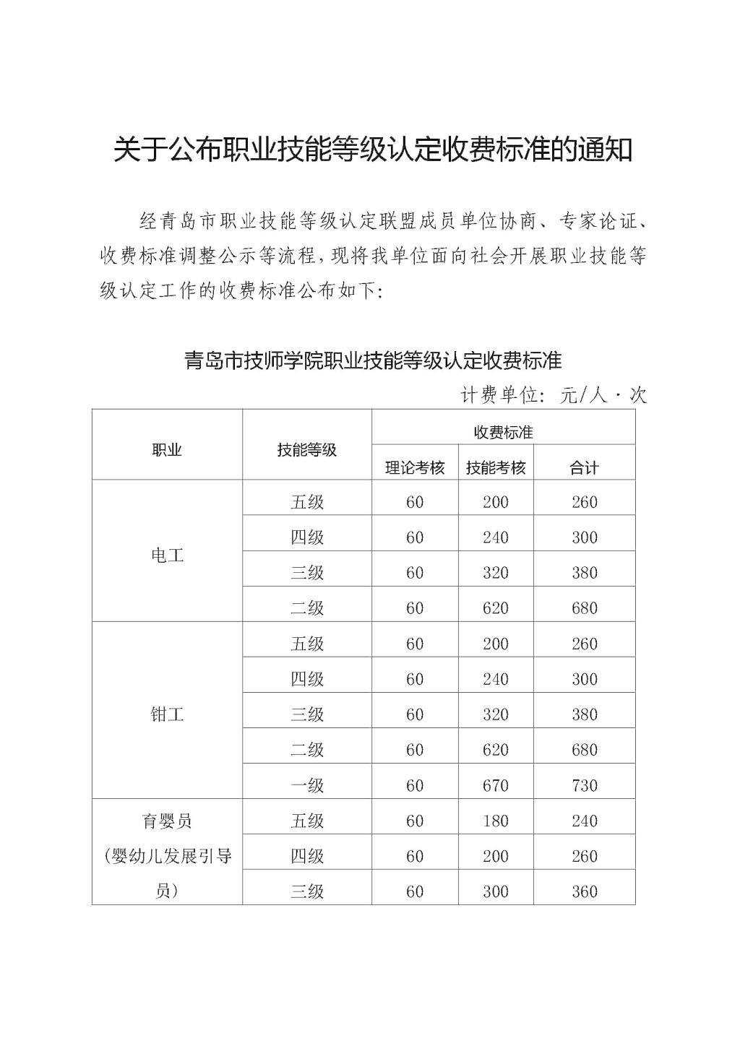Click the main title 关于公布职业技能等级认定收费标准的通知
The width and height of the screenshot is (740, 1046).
tap(373, 150)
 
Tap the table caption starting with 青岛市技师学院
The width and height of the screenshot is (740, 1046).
tap(373, 359)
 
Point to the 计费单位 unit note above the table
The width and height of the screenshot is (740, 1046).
tap(554, 394)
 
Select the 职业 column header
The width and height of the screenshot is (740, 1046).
tap(167, 449)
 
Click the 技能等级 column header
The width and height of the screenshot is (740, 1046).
tap(306, 449)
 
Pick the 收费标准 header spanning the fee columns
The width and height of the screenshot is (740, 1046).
tap(503, 432)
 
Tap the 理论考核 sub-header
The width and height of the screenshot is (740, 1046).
tap(415, 467)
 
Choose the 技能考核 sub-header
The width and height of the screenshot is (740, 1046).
tap(496, 467)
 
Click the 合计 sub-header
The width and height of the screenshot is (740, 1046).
tap(584, 467)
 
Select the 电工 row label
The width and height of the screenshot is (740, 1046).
tap(167, 555)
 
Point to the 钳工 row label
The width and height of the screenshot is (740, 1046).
tap(167, 714)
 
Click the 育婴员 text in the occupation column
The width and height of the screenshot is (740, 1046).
tap(167, 821)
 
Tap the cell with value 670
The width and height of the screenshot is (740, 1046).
tap(496, 785)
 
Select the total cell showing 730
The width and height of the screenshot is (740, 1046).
tap(584, 785)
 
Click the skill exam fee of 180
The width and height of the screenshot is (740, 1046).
tap(496, 821)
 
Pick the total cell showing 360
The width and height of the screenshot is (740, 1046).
tap(584, 891)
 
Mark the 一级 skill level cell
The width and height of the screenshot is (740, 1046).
tap(306, 785)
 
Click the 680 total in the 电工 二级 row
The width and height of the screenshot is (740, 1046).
tap(584, 608)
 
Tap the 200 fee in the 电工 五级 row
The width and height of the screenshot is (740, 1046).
tap(496, 502)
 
